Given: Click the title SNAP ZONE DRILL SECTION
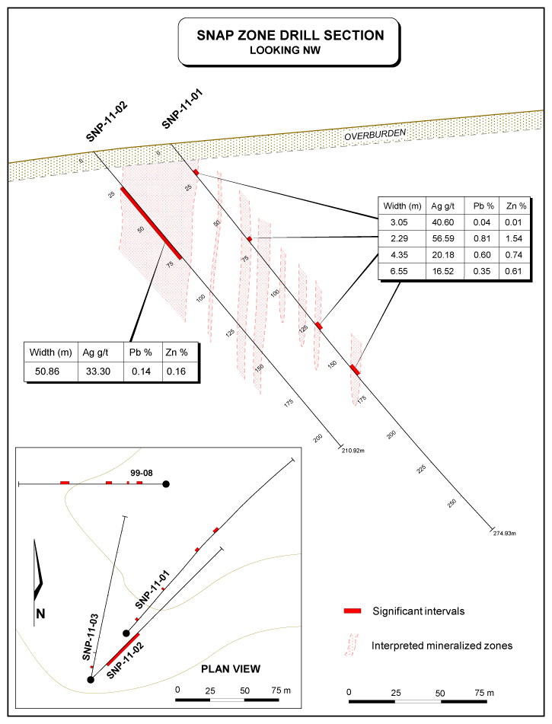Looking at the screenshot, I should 289,35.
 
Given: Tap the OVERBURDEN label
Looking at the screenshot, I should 375,135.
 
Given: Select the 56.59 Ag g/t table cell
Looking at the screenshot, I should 443,239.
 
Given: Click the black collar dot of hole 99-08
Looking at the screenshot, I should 166,483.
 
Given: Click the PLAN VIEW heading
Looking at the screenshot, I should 230,669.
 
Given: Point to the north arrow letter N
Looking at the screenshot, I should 41,614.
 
